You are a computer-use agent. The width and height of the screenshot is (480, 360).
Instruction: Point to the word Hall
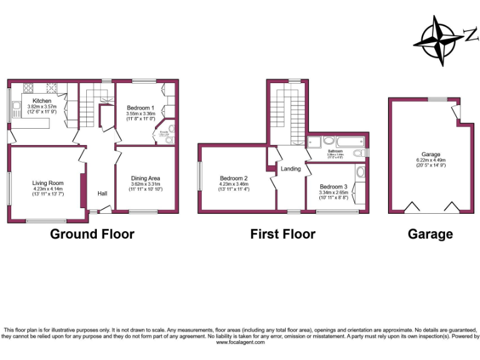click(102, 193)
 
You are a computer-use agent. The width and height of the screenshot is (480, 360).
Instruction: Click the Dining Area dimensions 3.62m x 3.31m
click(146, 185)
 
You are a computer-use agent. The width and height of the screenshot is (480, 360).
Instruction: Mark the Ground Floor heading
click(92, 234)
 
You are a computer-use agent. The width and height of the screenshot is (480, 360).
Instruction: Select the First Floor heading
click(282, 234)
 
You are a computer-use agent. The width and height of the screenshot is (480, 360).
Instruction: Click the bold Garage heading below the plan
click(430, 234)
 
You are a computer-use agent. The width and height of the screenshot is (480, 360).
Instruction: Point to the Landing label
click(291, 169)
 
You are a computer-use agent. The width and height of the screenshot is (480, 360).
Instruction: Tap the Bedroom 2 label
click(234, 178)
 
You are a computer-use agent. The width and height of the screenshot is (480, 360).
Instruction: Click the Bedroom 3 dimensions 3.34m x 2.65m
click(332, 193)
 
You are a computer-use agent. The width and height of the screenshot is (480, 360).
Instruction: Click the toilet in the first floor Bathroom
click(359, 152)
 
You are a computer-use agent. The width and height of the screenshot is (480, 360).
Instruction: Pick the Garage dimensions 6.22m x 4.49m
click(431, 160)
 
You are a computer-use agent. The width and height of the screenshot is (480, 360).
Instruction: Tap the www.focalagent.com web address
click(239, 342)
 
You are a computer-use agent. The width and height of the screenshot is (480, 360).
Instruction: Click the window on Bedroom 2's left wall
click(200, 178)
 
